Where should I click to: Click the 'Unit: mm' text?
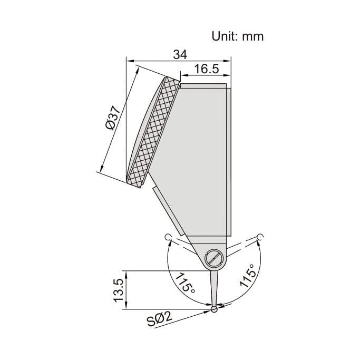[237, 36]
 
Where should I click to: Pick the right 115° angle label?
[249, 275]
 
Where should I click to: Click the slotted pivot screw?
[214, 258]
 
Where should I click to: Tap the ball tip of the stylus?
[214, 310]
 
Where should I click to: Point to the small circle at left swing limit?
[167, 237]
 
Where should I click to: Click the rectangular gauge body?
[203, 158]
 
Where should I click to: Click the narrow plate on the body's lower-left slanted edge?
[169, 211]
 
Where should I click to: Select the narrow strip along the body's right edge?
[230, 158]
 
